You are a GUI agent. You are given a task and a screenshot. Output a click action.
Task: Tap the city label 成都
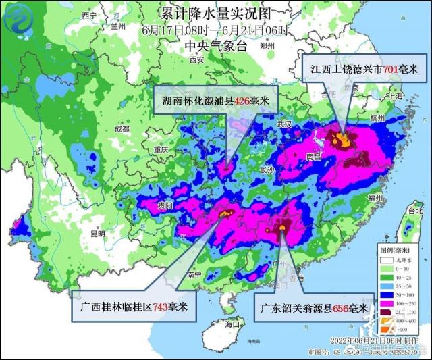pos(122,128)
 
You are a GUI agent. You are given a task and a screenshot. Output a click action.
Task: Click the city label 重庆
pos(160,149)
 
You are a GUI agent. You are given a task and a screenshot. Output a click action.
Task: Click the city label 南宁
pos(195,276)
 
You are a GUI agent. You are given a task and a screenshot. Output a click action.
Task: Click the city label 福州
pos(376,197)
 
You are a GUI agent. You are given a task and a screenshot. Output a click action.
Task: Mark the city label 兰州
pos(119,25)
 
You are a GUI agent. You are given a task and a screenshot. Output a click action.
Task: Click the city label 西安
pos(197,59)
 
